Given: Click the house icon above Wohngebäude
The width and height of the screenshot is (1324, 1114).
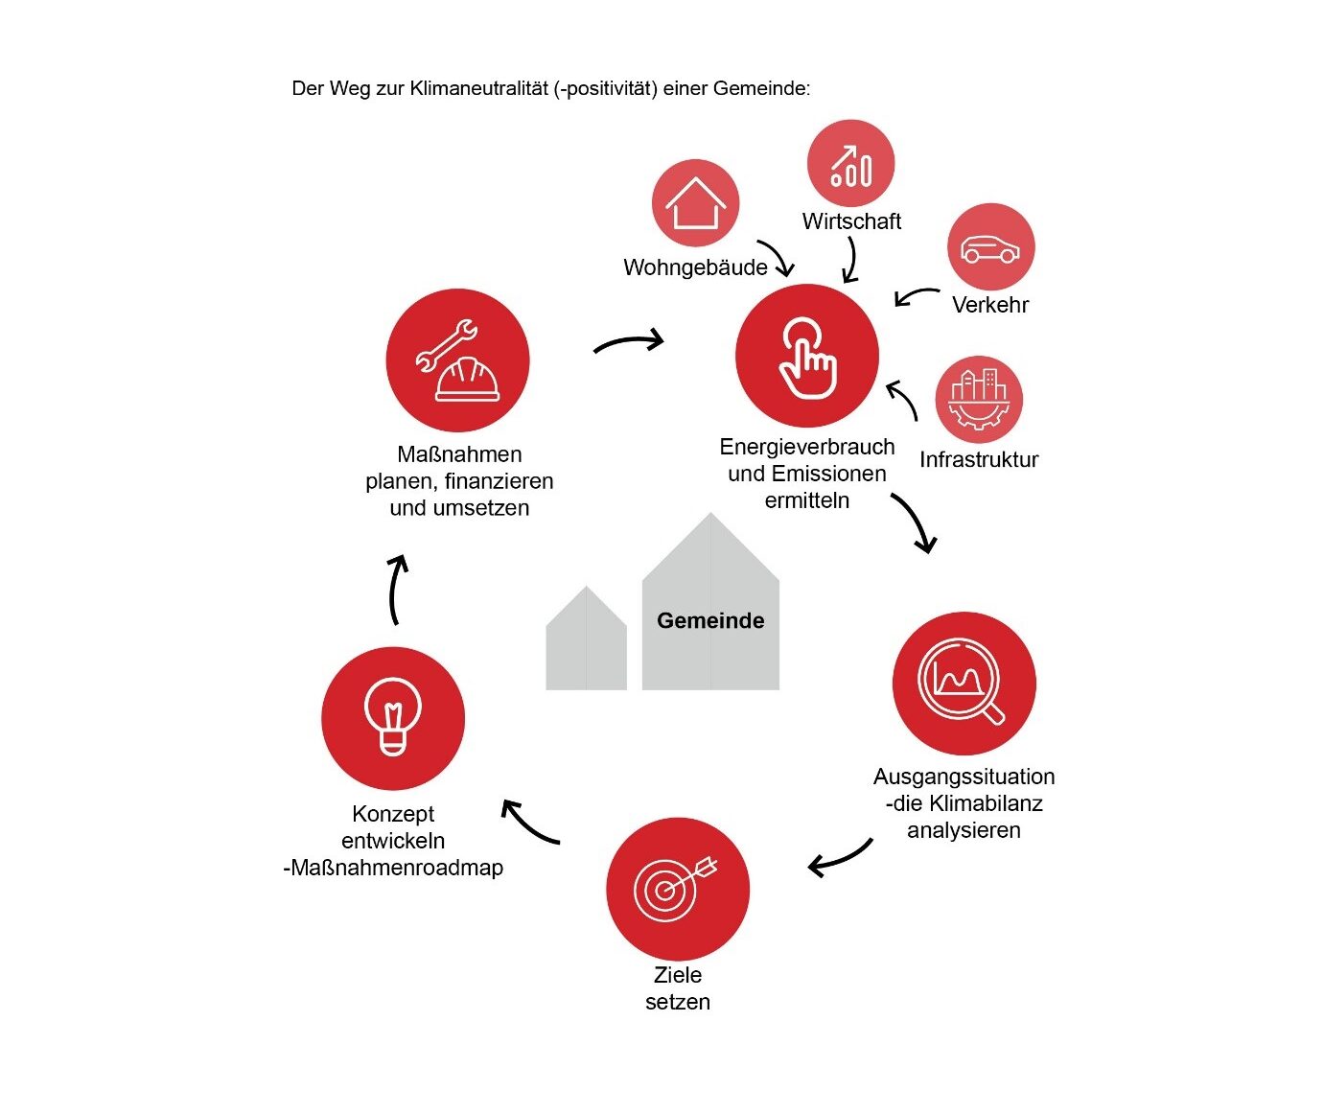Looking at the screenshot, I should coord(695,203).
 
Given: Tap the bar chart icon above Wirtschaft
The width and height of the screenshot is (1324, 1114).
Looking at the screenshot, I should coord(850,164).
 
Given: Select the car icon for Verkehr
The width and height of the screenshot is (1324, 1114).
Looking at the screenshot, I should coord(990,247).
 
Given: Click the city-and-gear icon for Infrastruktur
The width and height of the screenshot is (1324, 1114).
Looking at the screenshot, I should coord(978,400).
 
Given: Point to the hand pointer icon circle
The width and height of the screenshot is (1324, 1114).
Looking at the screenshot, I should coord(807,356).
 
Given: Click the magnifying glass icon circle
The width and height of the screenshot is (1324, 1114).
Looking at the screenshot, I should coord(964,684).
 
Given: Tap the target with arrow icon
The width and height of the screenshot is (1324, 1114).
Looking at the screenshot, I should coord(678,889).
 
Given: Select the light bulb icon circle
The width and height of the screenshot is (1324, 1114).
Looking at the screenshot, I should coord(393,718).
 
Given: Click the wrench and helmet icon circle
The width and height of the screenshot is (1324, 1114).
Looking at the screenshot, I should coord(458,361).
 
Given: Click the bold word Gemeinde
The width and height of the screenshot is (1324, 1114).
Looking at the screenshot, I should coord(710,621).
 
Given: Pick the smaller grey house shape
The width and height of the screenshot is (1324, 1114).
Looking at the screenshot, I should coord(586,641).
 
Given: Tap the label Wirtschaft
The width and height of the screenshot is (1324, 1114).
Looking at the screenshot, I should coord(851,221).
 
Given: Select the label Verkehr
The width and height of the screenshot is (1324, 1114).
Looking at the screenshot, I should coord(990,305).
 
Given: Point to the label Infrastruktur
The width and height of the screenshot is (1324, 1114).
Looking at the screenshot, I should coord(979,460).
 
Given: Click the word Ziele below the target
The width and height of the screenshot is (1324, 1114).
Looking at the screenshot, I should coord(678,975).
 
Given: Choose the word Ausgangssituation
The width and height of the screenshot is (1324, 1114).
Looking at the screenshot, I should coord(964,777).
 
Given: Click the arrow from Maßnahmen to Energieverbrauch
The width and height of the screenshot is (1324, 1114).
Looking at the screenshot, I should coord(629,342).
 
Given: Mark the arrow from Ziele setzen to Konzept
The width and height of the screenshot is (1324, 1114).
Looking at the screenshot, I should coord(529,824).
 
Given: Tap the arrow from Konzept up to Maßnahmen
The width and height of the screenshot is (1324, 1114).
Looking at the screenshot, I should coord(397,589).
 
